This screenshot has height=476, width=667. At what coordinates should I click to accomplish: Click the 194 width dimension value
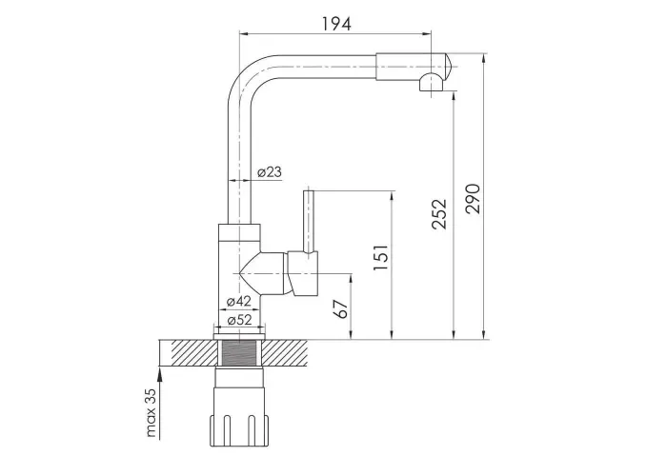click(336, 24)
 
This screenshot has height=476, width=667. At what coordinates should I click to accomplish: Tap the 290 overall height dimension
click(473, 198)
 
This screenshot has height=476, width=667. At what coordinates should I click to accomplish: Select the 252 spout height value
click(439, 214)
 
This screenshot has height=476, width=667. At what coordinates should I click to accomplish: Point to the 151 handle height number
click(380, 258)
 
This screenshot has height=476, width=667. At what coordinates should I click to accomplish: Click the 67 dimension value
click(341, 309)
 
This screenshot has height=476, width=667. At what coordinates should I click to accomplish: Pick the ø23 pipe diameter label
click(270, 172)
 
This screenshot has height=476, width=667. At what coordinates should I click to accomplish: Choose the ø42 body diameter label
click(238, 302)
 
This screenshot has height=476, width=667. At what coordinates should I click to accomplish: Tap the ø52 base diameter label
click(239, 320)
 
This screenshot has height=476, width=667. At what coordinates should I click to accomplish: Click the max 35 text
click(152, 412)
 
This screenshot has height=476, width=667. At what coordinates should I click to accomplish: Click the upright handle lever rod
click(309, 221)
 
